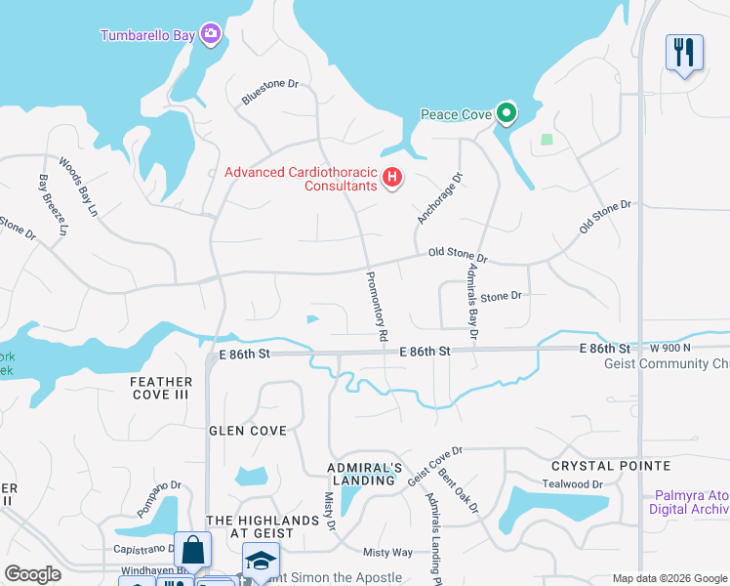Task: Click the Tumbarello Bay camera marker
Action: pos(211,35)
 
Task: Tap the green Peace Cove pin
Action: pos(506,114)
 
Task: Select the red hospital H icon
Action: pos(391,178)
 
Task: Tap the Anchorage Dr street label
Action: pos(439,198)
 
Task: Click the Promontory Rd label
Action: pos(377,306)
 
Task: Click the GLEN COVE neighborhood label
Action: pos(248,431)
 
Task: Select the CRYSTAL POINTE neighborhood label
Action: pos(611,466)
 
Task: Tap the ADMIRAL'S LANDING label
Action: pos(365,475)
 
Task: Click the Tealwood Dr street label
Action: pos(573,484)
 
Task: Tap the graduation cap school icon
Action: pos(260,562)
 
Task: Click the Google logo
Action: pos(32,574)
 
